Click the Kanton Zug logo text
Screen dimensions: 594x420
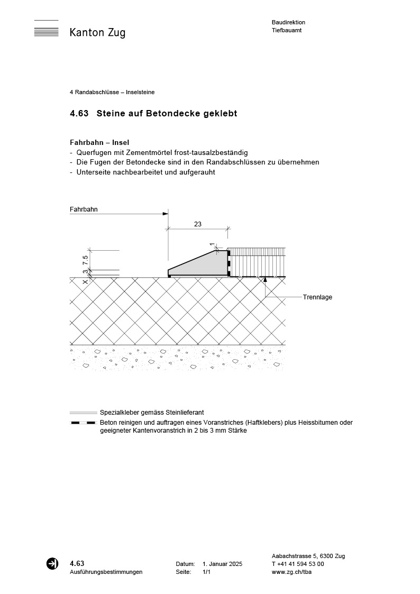[97, 33]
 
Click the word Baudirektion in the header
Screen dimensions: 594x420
[288, 22]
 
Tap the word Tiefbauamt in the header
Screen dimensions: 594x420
[287, 30]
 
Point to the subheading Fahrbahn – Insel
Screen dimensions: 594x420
[99, 142]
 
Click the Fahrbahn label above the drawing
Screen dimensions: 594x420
[84, 209]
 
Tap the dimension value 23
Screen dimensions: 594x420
[198, 224]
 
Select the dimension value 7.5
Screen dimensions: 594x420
[85, 260]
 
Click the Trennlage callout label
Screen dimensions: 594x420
[317, 297]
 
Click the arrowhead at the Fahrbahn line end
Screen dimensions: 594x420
[166, 214]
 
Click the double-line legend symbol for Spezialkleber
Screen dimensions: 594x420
[83, 413]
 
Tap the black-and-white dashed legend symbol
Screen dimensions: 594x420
[83, 423]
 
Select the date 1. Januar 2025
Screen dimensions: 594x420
[222, 564]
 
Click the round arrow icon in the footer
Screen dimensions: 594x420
[52, 563]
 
